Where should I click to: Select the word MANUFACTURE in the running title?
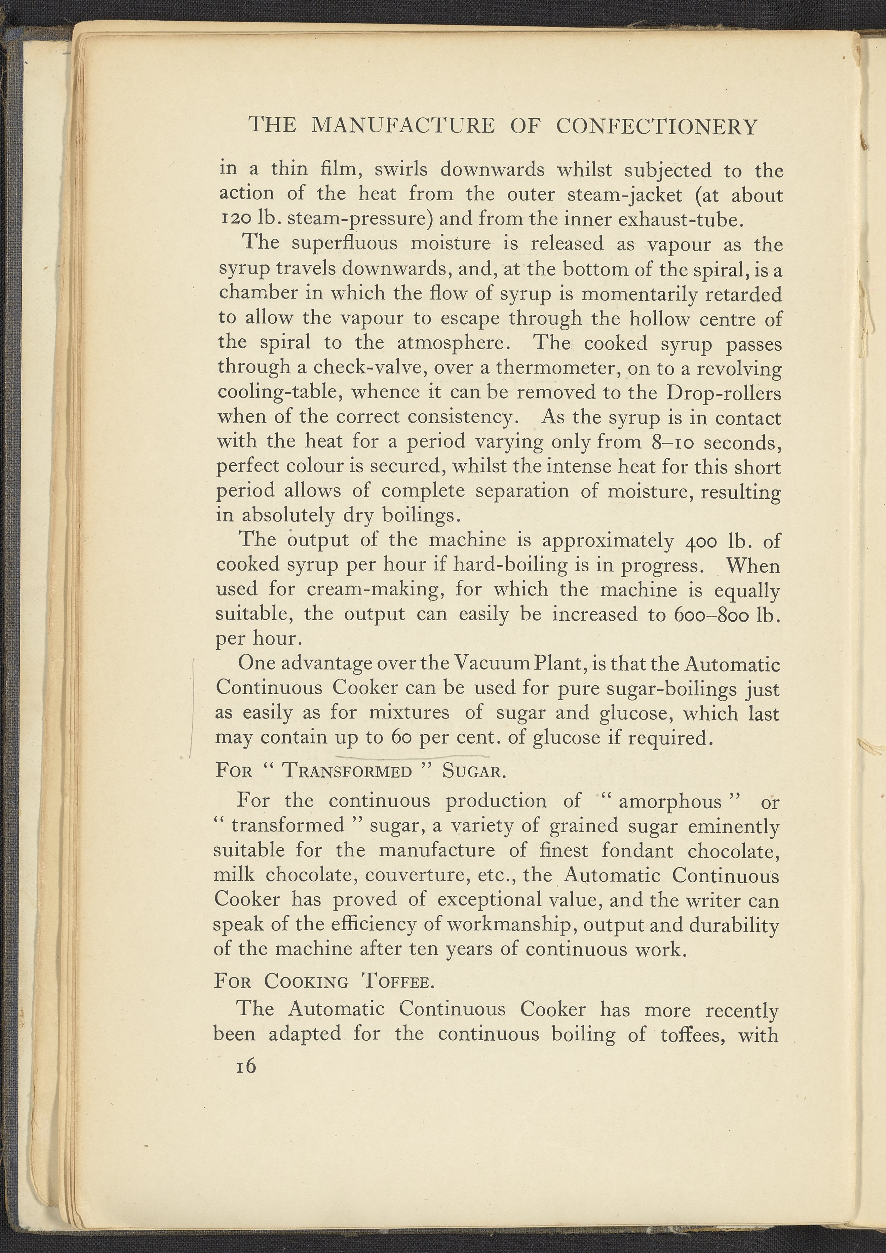coord(403,126)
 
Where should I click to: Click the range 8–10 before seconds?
coord(672,442)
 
